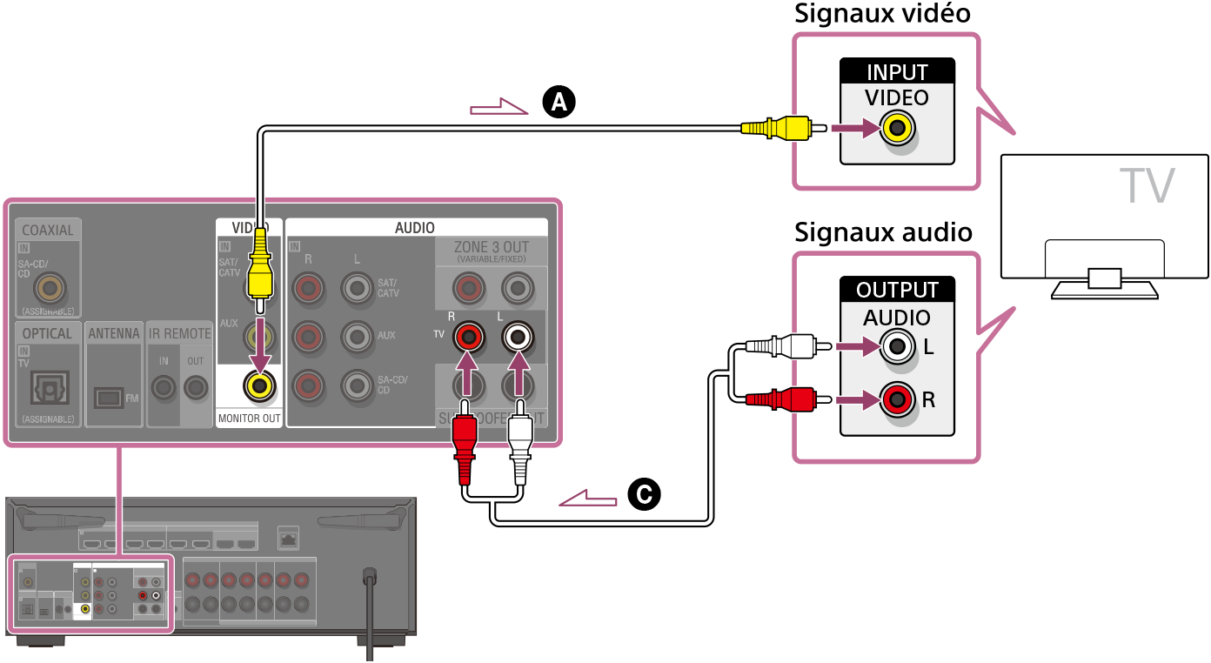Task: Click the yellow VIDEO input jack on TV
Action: click(898, 130)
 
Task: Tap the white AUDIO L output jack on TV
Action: click(898, 347)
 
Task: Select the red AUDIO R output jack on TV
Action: click(898, 400)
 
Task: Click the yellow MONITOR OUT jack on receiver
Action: click(259, 385)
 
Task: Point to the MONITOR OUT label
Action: click(249, 419)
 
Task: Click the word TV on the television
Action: click(1146, 185)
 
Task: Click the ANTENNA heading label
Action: click(114, 333)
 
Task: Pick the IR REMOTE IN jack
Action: click(163, 386)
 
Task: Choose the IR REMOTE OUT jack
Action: click(196, 386)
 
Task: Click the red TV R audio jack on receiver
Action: click(469, 335)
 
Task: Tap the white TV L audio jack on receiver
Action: click(519, 335)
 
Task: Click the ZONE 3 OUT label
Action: click(491, 247)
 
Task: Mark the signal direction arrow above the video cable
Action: click(498, 109)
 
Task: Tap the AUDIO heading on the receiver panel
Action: click(415, 227)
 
